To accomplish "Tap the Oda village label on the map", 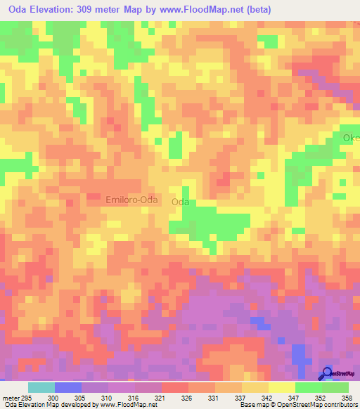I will [181, 202].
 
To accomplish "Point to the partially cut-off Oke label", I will [351, 138].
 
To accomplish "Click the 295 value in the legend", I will [22, 398].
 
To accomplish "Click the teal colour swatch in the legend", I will [41, 387].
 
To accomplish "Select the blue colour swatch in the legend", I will [68, 387].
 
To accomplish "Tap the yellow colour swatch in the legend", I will [282, 387].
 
